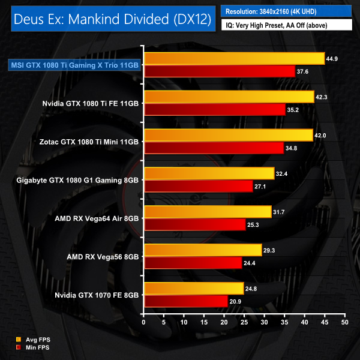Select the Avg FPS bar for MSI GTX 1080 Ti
[x=234, y=58]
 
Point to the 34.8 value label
[x=294, y=148]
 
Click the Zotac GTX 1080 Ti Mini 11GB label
[x=92, y=141]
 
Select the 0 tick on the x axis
[x=143, y=322]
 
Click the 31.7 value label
[x=281, y=211]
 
